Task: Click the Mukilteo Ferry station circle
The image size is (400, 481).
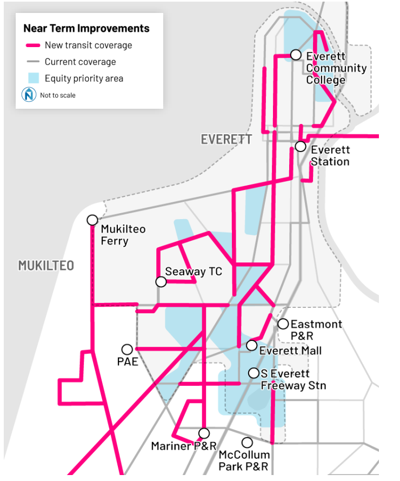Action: point(92,220)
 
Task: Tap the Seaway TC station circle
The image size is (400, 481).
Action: point(161,281)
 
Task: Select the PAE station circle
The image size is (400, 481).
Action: point(127,350)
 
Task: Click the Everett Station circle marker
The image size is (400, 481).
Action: point(301,147)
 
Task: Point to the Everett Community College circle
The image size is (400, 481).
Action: point(296,55)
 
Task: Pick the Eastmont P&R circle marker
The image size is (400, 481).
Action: point(283,324)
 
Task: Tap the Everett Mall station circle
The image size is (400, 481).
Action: point(251,345)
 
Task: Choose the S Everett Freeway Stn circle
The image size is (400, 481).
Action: point(253,373)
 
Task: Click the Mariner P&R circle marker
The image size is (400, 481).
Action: point(204,433)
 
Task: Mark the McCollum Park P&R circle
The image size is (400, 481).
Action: point(247,443)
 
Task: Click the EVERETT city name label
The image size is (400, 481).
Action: point(226,139)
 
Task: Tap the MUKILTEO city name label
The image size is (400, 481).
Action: point(46,266)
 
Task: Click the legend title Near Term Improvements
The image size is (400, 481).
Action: point(86,29)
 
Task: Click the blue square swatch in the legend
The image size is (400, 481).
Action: point(33,78)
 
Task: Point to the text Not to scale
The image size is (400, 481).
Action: point(58,95)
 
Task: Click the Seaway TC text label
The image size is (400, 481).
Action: point(194,272)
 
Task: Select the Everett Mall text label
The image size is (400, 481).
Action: point(290,351)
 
